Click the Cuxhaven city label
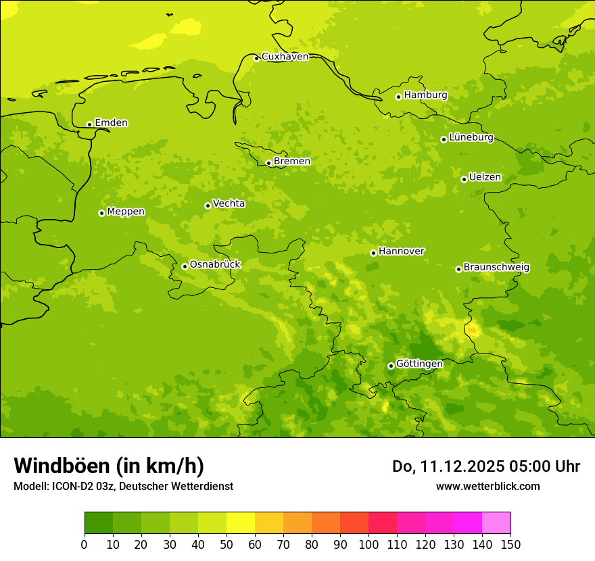click(285, 57)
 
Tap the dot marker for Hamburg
click(398, 97)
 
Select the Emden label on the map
click(111, 123)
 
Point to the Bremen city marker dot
click(268, 163)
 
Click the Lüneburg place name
click(471, 138)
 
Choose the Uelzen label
click(485, 178)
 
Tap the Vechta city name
click(229, 203)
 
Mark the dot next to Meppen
click(101, 213)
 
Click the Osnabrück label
click(215, 265)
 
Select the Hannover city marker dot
click(373, 253)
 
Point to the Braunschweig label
click(496, 268)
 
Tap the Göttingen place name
click(419, 364)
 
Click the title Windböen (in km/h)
click(109, 466)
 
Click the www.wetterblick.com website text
click(487, 486)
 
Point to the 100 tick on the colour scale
click(368, 544)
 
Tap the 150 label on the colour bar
click(510, 544)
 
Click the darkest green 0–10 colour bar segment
click(99, 523)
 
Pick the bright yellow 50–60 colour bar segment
click(241, 523)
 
